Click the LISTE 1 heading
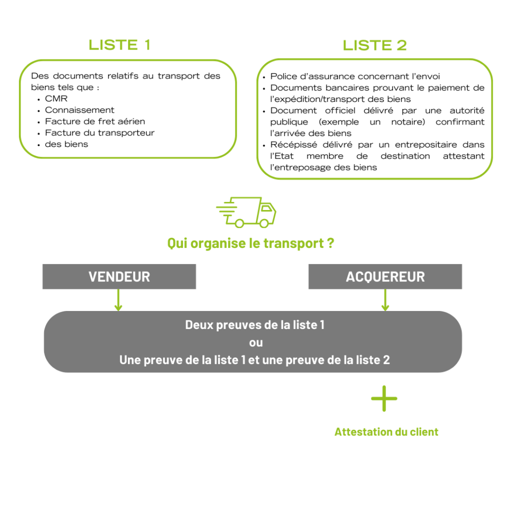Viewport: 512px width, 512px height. [x=119, y=45]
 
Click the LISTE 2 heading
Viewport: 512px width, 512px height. [x=374, y=45]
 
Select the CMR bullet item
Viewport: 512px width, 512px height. [x=56, y=98]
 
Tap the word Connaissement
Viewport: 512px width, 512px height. [x=79, y=110]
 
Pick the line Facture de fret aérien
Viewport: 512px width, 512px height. [x=95, y=121]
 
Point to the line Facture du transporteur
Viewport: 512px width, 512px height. [x=99, y=133]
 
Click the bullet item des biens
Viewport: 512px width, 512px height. [x=66, y=144]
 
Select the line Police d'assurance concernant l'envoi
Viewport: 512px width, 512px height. [x=355, y=76]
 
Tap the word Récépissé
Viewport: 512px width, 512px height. [x=293, y=144]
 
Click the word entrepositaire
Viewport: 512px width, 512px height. [x=426, y=144]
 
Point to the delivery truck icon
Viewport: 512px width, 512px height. [x=246, y=212]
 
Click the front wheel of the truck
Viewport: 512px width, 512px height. [x=264, y=223]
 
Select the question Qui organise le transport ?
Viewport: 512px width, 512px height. [x=251, y=243]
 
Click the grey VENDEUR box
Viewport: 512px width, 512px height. [x=119, y=276]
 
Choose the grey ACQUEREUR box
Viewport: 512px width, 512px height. [x=385, y=276]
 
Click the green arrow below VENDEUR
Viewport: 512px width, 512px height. [x=118, y=300]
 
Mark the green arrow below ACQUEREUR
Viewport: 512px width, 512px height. [x=385, y=300]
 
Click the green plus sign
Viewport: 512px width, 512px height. [x=384, y=398]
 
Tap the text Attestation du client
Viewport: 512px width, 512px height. [x=386, y=432]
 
